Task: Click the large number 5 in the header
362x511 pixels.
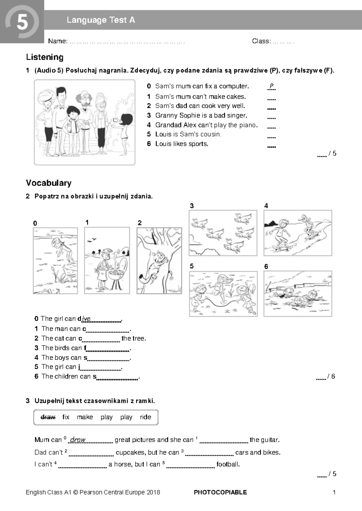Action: click(22, 22)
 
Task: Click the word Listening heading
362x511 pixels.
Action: click(45, 57)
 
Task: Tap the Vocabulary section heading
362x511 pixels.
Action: click(49, 183)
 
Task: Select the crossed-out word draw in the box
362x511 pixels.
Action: click(48, 417)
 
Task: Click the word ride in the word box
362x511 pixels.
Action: click(145, 417)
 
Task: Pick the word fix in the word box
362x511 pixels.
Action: click(66, 417)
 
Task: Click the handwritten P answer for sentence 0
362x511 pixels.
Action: click(271, 86)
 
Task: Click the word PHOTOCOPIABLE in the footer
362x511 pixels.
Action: click(221, 492)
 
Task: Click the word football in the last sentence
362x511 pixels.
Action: click(227, 464)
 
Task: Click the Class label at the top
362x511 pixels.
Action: click(261, 41)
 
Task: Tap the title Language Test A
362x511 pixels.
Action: click(101, 20)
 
